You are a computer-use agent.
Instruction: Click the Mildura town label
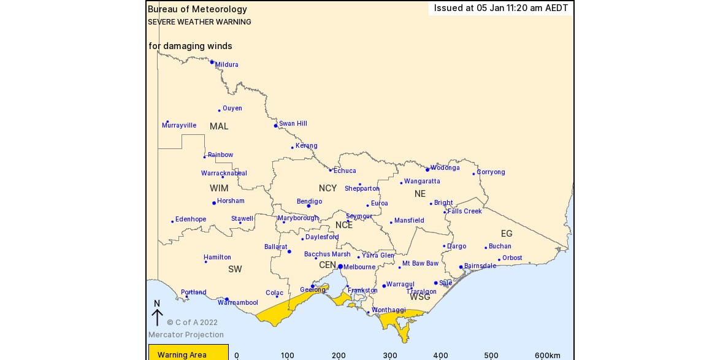(x=226, y=65)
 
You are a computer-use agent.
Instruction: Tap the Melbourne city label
(x=359, y=267)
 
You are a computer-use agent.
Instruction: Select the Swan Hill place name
(x=293, y=124)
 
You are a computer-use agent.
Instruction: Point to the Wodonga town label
(x=445, y=168)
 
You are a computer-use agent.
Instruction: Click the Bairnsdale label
(x=480, y=266)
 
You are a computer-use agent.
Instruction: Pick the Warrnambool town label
(x=238, y=303)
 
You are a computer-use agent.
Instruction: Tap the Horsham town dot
(x=213, y=203)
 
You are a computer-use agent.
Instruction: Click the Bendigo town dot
(x=308, y=206)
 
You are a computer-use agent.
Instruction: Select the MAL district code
(x=219, y=126)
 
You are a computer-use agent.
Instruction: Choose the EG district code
(x=507, y=234)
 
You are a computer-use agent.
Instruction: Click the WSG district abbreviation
(x=420, y=297)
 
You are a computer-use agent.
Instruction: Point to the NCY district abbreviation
(x=327, y=188)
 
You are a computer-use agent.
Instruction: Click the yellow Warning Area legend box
(x=188, y=353)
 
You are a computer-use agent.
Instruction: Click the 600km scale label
(x=547, y=356)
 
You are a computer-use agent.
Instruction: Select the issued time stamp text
(x=501, y=8)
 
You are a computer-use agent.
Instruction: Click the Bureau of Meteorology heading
(x=197, y=9)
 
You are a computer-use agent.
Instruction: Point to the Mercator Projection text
(x=186, y=335)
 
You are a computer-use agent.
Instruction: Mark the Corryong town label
(x=491, y=172)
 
